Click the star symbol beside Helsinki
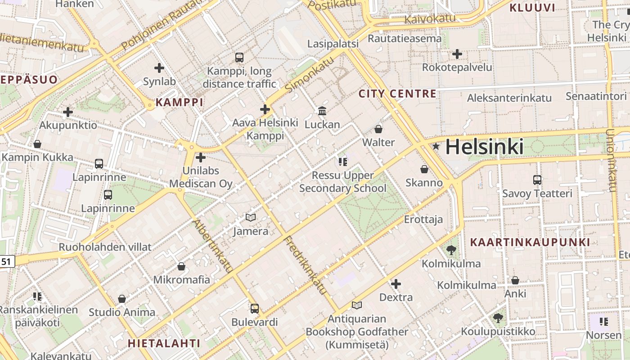coord(436,147)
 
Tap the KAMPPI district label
coord(180,102)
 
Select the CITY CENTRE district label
coord(397,94)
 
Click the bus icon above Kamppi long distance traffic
coord(239,58)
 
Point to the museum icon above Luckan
coord(322,111)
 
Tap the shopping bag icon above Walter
coord(378,129)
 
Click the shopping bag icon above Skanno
coord(424,169)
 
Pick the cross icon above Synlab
coord(159,68)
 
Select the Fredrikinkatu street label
coord(305,265)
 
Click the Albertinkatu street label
coord(212,246)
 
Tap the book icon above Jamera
coord(251,218)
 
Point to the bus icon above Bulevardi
coord(255,309)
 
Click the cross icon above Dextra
coord(396,284)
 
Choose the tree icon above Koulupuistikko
coord(498,318)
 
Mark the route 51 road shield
coord(7,261)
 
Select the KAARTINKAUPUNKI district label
coord(530,242)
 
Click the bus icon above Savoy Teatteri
coord(537,180)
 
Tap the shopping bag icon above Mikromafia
coord(181,266)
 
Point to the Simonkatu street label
coord(310,74)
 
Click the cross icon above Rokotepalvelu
coord(457,54)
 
